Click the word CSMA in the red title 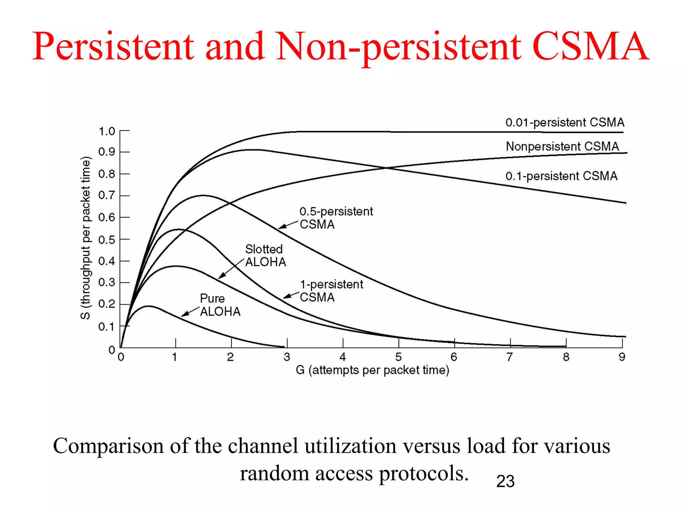click(x=590, y=47)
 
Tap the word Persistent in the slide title click(x=113, y=47)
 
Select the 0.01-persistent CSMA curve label click(x=565, y=123)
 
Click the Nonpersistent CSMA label click(x=562, y=146)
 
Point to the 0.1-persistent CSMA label click(x=561, y=176)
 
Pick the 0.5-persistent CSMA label click(x=336, y=218)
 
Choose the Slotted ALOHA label click(x=265, y=256)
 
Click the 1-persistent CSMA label click(x=331, y=291)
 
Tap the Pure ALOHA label click(x=220, y=305)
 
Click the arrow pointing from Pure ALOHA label click(x=190, y=312)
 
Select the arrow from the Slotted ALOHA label click(x=231, y=268)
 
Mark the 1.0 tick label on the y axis click(x=107, y=131)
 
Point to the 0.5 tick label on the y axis click(x=107, y=240)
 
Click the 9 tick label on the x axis click(x=622, y=357)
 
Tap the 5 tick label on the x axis click(x=399, y=357)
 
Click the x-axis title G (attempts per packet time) click(x=373, y=370)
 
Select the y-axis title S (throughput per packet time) click(x=86, y=238)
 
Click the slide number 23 click(x=505, y=481)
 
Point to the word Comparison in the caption click(x=108, y=446)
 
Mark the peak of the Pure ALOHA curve click(x=148, y=306)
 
